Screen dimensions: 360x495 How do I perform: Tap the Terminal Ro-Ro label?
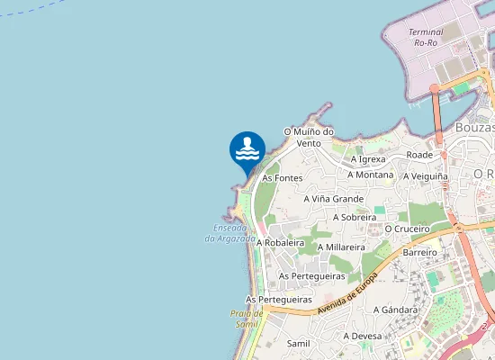pos(426,37)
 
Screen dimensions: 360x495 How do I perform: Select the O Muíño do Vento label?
pos(309,137)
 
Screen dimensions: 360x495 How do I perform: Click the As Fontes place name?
pos(282,178)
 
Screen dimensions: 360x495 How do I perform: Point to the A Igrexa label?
pos(368,159)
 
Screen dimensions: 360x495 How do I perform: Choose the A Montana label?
pos(370,175)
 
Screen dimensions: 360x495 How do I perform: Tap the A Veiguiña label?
pos(426,176)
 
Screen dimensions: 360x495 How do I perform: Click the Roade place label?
pos(419,155)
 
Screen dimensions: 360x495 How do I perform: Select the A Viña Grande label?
pos(333,199)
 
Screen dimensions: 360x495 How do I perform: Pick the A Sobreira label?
pos(355,217)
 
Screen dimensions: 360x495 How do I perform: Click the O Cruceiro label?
pos(408,229)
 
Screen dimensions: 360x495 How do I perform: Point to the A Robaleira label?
pos(281,243)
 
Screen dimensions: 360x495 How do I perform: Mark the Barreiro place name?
pos(419,253)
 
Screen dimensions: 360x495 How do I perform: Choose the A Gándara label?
pos(396,310)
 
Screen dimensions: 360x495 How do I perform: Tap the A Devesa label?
pos(363,336)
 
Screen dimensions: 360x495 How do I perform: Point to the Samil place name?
pos(298,344)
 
